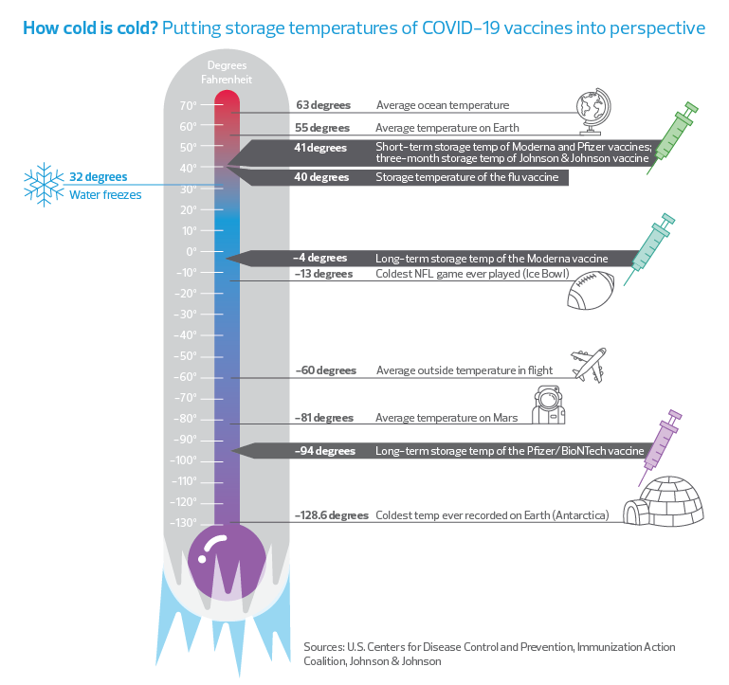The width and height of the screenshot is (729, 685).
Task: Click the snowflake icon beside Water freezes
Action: [44, 185]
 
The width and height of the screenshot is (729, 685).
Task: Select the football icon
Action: [591, 291]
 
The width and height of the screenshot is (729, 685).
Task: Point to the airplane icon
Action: [589, 366]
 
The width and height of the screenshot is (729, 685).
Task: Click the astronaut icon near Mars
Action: [549, 405]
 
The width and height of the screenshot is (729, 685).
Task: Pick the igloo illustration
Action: [664, 501]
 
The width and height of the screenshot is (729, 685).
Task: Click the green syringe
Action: [672, 138]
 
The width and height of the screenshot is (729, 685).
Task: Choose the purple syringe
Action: [660, 447]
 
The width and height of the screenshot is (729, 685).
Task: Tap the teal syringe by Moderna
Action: [649, 249]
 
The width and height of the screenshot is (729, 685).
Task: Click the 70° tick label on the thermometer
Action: [189, 106]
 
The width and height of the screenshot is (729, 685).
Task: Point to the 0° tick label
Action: [191, 252]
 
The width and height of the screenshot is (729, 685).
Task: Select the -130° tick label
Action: [183, 523]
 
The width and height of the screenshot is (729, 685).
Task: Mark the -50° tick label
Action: [185, 356]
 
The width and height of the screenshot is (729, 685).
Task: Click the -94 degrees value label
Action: [325, 451]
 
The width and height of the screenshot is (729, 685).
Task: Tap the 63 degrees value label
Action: [323, 105]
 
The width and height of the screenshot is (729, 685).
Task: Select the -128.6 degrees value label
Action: [332, 515]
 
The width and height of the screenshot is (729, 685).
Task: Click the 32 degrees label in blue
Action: [98, 177]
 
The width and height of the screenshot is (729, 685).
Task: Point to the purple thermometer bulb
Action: [227, 562]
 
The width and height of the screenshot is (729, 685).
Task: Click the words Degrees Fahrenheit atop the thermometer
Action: [227, 73]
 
